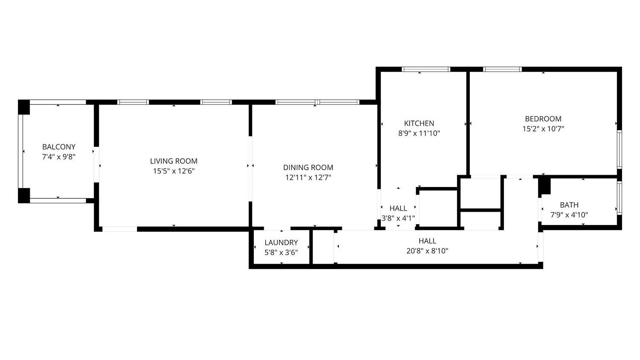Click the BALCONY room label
pyautogui.click(x=59, y=147)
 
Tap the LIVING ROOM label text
pyautogui.click(x=174, y=161)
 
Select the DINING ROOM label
pyautogui.click(x=308, y=167)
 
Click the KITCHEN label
pyautogui.click(x=419, y=123)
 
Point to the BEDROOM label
pyautogui.click(x=543, y=119)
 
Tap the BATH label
pyautogui.click(x=569, y=205)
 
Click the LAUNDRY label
pyautogui.click(x=281, y=243)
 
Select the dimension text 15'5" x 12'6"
pyautogui.click(x=174, y=171)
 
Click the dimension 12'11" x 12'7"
pyautogui.click(x=308, y=177)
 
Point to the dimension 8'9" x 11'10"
pyautogui.click(x=419, y=133)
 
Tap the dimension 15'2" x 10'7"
pyautogui.click(x=543, y=129)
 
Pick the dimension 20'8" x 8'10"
pyautogui.click(x=427, y=251)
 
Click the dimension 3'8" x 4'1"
pyautogui.click(x=398, y=218)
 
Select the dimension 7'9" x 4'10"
pyautogui.click(x=569, y=215)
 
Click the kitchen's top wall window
pyautogui.click(x=426, y=69)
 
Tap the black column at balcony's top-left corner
pyautogui.click(x=24, y=107)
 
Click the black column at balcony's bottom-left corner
pyautogui.click(x=24, y=196)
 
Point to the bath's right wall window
pyautogui.click(x=619, y=198)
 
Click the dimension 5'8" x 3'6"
pyautogui.click(x=281, y=253)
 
